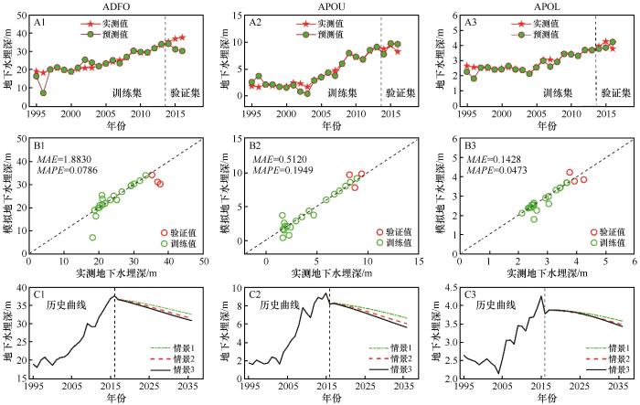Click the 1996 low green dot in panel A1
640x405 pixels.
43,92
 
